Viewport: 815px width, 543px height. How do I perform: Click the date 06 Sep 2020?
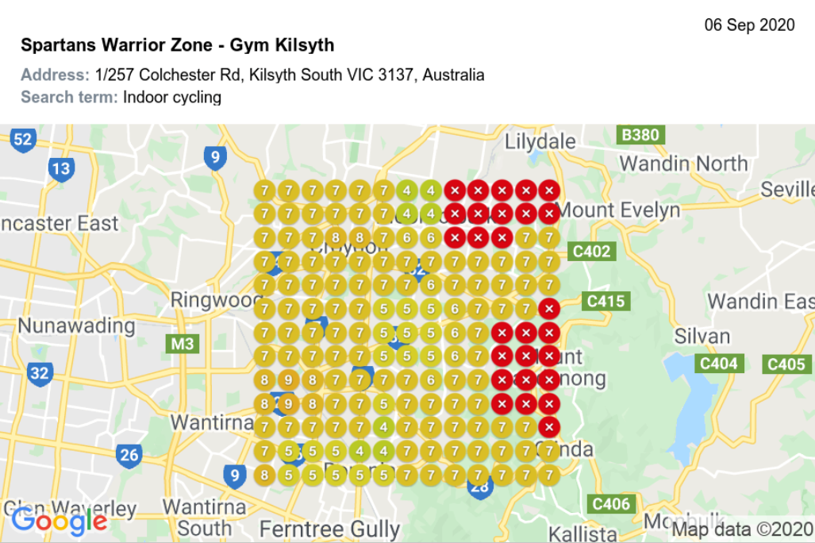749,25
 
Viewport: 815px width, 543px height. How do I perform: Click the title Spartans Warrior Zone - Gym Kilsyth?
177,44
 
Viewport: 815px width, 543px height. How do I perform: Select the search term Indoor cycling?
171,98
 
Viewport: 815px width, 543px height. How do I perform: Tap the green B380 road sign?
640,135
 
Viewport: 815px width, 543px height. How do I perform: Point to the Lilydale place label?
540,142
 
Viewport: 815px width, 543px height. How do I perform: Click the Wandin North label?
683,164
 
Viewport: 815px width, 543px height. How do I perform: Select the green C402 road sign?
591,252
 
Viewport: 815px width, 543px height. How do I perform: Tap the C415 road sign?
605,302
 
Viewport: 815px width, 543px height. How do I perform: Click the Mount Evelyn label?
619,210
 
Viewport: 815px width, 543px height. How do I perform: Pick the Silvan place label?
702,336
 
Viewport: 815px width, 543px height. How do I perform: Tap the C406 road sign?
610,503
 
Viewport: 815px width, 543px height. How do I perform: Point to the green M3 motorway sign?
182,344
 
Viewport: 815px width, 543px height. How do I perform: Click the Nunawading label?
76,325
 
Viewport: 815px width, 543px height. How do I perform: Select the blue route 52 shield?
23,141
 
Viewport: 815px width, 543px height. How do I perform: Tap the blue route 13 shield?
61,168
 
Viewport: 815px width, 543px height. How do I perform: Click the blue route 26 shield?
129,455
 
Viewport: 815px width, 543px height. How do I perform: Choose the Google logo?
59,521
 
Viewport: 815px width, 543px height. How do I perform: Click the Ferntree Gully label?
329,529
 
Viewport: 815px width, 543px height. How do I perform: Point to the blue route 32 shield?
39,372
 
